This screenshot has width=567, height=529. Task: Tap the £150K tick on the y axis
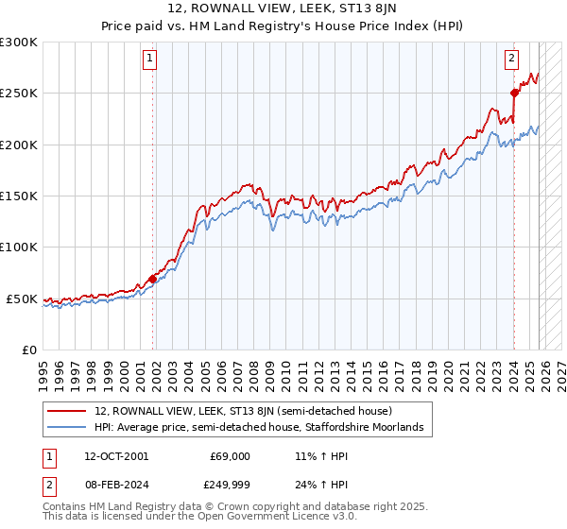19,196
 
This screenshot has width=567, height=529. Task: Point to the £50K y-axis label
22,299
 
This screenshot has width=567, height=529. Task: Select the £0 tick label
28,350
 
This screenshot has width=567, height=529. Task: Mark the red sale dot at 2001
152,279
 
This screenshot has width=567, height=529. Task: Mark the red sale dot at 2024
515,93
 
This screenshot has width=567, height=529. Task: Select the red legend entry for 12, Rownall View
236,412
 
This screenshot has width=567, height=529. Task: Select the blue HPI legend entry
236,428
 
